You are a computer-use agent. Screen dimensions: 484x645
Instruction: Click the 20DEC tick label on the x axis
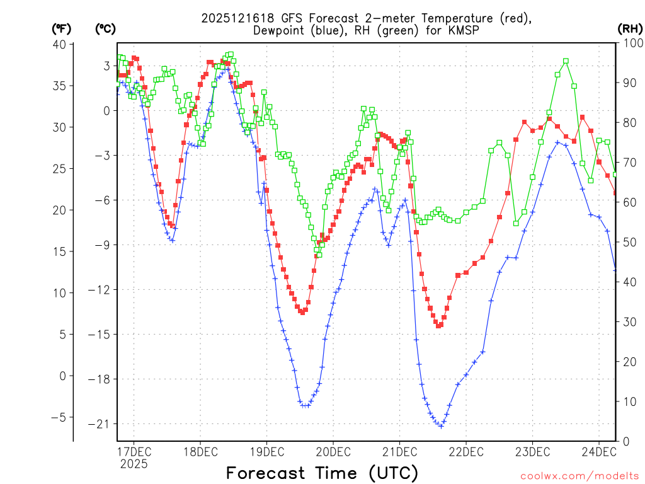point(333,451)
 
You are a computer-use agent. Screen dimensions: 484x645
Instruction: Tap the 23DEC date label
point(532,451)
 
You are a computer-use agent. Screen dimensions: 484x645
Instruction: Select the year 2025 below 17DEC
point(134,464)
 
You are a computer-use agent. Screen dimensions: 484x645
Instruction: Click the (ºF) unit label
point(62,28)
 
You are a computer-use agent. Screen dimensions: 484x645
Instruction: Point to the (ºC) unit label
point(105,28)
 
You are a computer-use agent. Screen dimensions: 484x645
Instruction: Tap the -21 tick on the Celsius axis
point(101,423)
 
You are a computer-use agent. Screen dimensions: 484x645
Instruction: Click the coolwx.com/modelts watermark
point(579,475)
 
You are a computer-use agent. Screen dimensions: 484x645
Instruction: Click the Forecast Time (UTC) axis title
point(322,473)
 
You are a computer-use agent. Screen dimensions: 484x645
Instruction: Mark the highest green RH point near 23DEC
point(566,61)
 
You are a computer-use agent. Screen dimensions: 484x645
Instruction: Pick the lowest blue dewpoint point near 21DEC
point(441,426)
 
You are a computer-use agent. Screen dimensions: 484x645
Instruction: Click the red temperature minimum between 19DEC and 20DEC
point(302,312)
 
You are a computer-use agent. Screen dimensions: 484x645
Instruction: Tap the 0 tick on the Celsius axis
point(106,110)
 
